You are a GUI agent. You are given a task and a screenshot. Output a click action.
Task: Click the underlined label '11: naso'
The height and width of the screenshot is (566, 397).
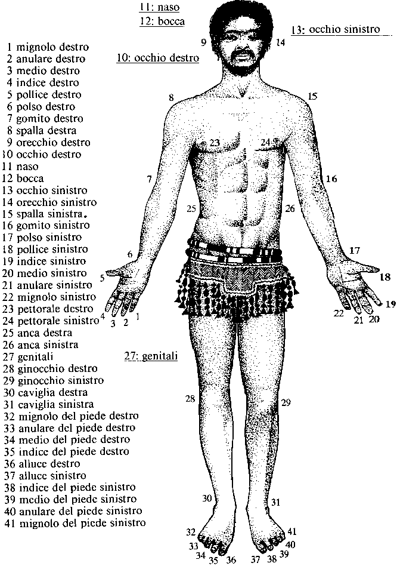159,8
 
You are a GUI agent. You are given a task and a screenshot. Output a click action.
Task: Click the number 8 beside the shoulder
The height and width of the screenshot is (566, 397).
170,97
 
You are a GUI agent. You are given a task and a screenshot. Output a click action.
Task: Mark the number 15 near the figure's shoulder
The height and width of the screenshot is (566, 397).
313,96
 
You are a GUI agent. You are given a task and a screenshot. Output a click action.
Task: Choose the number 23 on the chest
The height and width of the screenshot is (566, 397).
215,142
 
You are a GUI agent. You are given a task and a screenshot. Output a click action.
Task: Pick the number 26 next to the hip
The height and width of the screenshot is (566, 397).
290,208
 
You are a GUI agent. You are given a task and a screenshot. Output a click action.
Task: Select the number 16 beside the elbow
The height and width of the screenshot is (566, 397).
331,179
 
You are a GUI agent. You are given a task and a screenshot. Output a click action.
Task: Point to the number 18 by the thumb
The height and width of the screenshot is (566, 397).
385,277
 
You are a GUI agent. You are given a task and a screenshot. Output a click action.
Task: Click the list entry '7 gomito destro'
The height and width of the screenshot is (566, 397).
45,118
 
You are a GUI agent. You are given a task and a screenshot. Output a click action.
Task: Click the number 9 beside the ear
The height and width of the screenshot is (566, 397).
203,42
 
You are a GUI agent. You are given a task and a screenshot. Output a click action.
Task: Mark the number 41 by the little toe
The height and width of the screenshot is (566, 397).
291,531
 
